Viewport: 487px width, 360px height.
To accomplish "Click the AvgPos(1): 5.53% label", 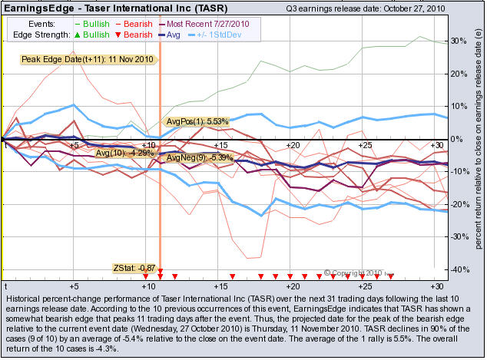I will [197, 121].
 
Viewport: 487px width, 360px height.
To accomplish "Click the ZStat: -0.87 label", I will [134, 268].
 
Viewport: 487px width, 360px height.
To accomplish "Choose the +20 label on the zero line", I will [292, 145].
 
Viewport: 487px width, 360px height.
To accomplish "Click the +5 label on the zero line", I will [75, 145].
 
